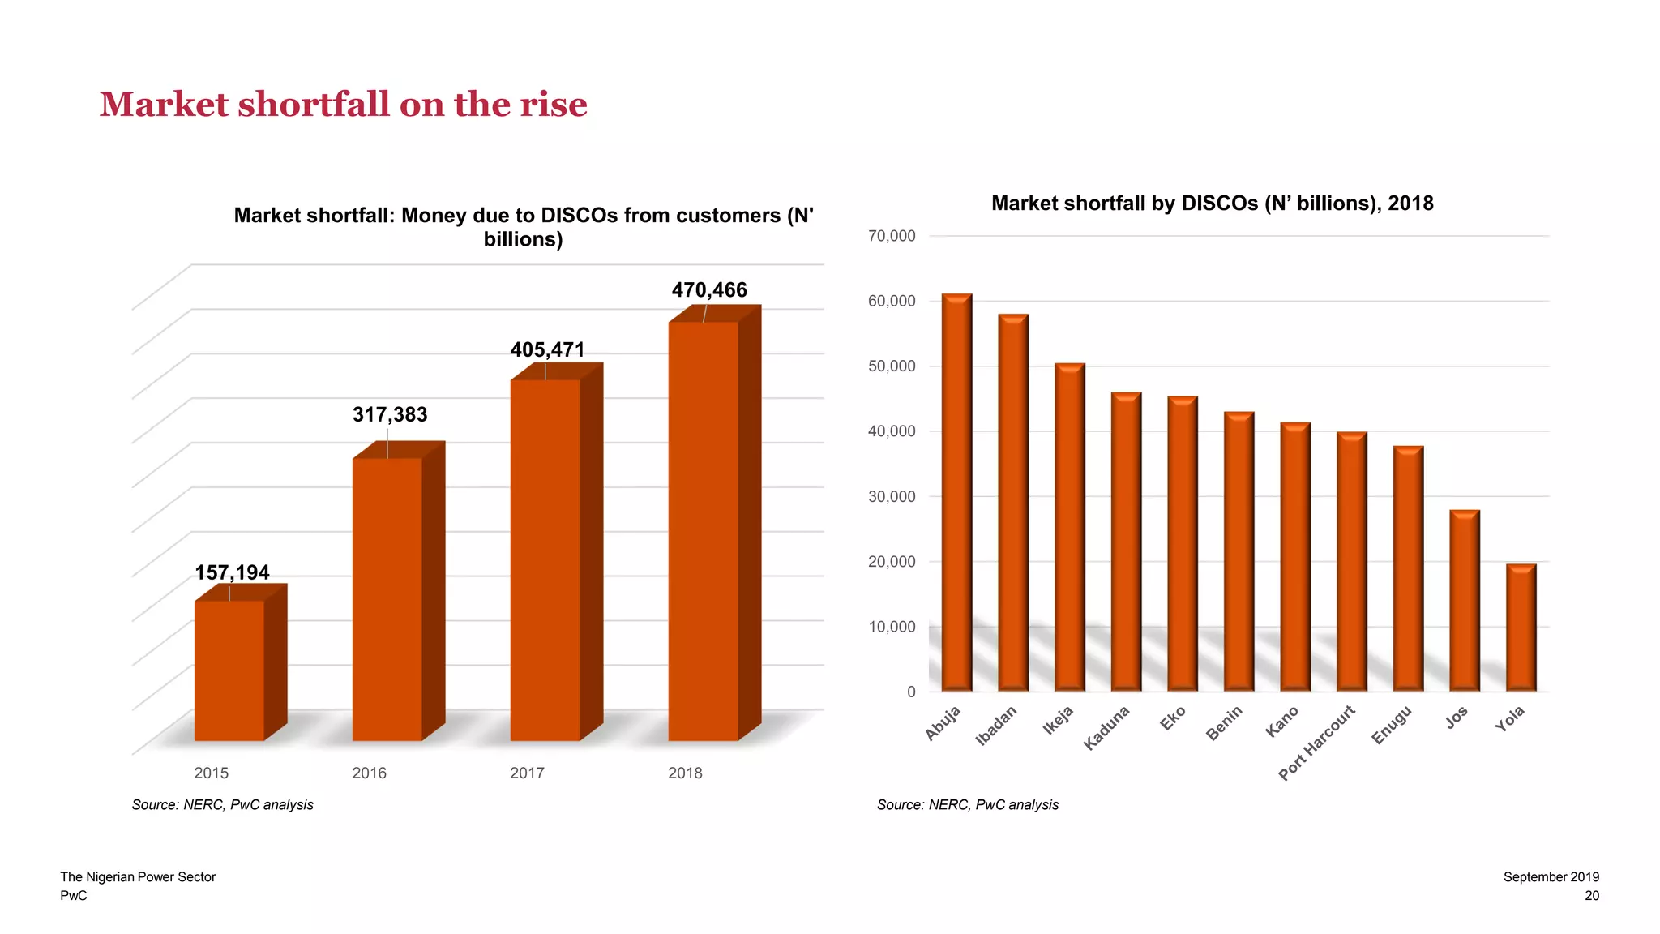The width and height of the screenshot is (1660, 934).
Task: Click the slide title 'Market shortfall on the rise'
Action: coord(343,105)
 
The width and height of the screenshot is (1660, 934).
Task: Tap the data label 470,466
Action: coord(709,290)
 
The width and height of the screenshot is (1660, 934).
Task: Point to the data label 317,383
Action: coord(390,415)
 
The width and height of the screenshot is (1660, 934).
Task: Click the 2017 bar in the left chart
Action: coord(545,559)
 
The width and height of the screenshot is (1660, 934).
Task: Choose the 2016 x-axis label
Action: coord(369,773)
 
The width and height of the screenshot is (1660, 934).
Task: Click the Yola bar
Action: coord(1521,628)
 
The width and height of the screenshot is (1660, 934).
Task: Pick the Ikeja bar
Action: coord(1069,527)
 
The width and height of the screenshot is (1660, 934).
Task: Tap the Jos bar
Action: coord(1465,601)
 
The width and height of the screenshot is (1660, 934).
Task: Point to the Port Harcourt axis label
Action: coord(1317,743)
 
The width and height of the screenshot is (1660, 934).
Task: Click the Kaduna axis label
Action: coord(1107,727)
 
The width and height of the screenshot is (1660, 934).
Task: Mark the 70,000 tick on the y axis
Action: coord(892,236)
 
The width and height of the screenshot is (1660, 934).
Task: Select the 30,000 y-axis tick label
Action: coord(892,496)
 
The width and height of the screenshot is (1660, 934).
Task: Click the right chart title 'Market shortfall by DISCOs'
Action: coord(1212,204)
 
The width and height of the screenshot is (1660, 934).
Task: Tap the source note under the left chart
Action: coord(222,805)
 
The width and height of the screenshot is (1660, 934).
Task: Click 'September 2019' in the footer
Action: coord(1551,877)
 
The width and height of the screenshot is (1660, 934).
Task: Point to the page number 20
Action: coord(1592,896)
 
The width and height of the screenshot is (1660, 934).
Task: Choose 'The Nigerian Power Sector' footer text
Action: coord(138,877)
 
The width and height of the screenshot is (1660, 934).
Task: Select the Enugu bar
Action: coord(1408,568)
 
